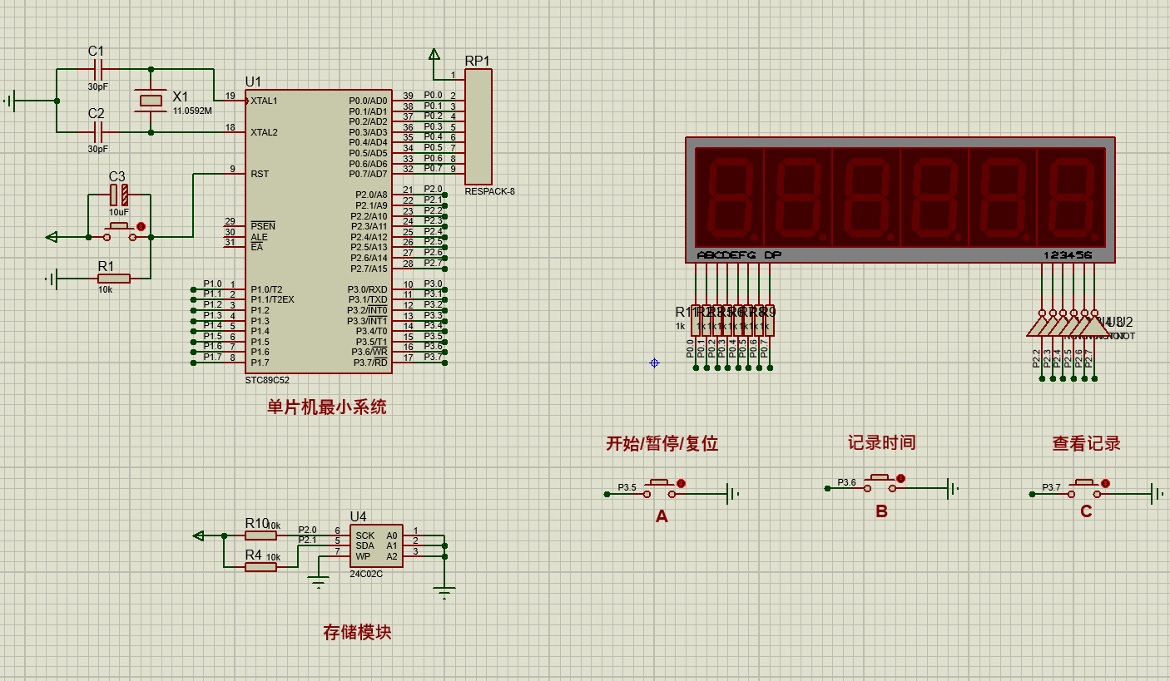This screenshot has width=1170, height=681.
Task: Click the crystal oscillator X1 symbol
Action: click(x=151, y=101)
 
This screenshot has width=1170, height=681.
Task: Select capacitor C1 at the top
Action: click(x=97, y=70)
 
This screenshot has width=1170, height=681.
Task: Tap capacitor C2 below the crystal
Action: click(x=97, y=131)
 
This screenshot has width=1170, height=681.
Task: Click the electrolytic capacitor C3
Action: click(x=119, y=195)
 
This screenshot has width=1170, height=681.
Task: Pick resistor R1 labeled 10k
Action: click(x=114, y=279)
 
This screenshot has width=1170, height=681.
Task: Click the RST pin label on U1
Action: click(x=260, y=174)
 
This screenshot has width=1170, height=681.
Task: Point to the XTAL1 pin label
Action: click(x=264, y=101)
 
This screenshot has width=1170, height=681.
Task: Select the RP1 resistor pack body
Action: click(x=478, y=126)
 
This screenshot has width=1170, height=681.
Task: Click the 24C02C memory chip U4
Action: click(x=375, y=545)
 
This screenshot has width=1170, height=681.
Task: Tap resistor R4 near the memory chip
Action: click(x=260, y=566)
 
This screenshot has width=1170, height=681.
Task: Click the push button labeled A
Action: click(x=662, y=488)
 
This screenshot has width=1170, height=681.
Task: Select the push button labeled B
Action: click(x=881, y=483)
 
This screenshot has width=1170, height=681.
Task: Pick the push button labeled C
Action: click(x=1085, y=488)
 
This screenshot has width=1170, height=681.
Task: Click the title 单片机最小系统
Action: click(x=326, y=407)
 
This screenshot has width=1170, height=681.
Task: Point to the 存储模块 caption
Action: click(x=357, y=632)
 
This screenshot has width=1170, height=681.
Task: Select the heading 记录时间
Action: click(x=881, y=442)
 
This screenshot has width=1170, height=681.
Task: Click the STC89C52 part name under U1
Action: click(x=267, y=380)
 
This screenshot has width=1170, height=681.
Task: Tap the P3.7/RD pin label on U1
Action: click(x=370, y=363)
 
